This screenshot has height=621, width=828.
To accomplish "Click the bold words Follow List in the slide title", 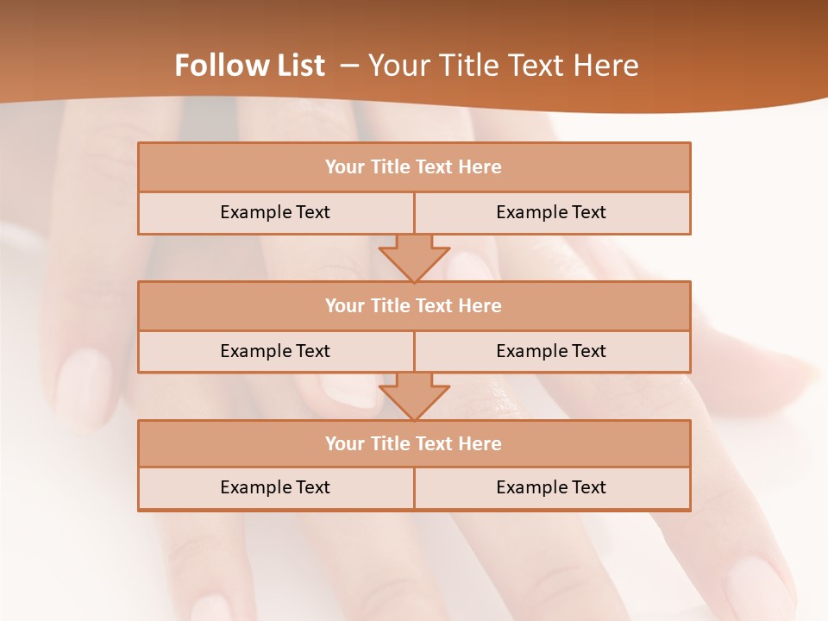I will coord(250,66).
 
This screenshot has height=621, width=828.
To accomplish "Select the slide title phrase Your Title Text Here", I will coord(504,66).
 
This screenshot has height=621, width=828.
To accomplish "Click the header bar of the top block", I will coord(414,167).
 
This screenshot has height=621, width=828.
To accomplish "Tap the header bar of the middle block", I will coord(414,305).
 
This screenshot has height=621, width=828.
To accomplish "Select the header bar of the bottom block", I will coord(414,443).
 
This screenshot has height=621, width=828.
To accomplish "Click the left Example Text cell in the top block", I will coord(275,212).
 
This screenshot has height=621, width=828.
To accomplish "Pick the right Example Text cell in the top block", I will coord(551,212).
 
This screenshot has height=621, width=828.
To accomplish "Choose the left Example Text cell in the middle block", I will coord(275,351).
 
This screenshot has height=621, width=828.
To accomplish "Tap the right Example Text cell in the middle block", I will coord(551,351).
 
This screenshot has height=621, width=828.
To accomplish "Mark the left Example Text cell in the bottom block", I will coord(275,487).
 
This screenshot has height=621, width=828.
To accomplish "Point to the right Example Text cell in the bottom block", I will coord(551,487).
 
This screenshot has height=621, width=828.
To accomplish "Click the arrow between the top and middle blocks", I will coord(414,258).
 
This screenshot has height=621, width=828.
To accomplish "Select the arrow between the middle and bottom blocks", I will coord(414,396).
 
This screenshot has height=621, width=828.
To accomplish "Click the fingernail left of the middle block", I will coord(85,379).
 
